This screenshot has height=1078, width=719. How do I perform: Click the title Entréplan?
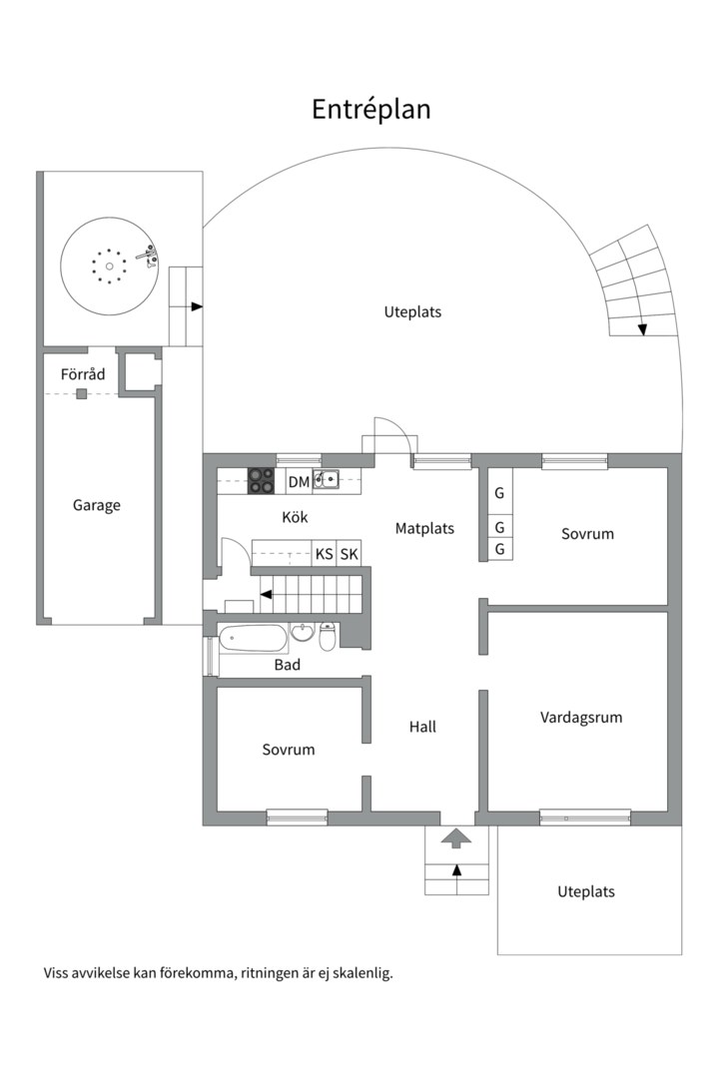click(370, 109)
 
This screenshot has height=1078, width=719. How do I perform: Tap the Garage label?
click(96, 505)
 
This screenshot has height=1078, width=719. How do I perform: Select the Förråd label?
click(82, 374)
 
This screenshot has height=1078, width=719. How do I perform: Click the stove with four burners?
click(261, 481)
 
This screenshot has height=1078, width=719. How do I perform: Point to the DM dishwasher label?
click(299, 482)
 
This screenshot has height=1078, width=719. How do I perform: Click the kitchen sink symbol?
click(326, 480)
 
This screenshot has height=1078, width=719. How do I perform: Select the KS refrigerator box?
click(325, 554)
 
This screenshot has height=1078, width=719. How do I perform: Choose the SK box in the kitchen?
click(349, 554)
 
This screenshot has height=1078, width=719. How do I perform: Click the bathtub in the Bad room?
click(252, 637)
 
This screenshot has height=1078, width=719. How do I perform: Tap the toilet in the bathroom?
click(328, 637)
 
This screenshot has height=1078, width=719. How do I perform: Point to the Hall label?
click(422, 727)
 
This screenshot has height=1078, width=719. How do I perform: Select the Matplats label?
click(424, 528)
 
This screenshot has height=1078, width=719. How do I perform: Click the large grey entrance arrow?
click(456, 837)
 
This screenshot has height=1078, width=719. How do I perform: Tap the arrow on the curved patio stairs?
click(642, 327)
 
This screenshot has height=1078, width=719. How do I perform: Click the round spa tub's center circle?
click(109, 266)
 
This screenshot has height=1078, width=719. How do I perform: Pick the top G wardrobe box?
click(499, 493)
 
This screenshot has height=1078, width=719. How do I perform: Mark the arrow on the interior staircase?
click(268, 594)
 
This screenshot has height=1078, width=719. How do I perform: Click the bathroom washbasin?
click(303, 633)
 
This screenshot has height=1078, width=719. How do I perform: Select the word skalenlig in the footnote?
click(359, 972)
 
